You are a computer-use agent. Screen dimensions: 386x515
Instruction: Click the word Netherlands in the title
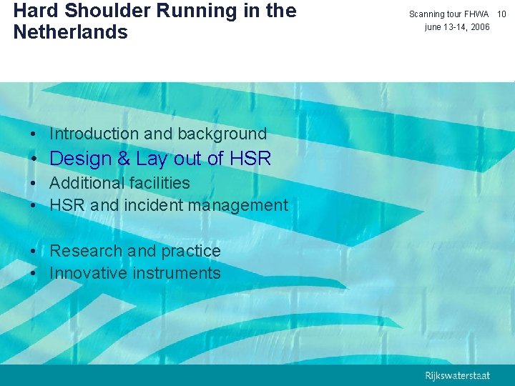(70, 32)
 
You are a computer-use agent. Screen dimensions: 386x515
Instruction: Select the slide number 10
(501, 14)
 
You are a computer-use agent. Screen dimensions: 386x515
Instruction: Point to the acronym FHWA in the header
(475, 14)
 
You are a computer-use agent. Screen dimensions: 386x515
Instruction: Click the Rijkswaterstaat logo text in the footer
(458, 375)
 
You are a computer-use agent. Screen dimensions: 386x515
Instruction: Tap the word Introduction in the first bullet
(94, 134)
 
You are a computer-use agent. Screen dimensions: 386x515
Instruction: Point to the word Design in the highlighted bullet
(81, 159)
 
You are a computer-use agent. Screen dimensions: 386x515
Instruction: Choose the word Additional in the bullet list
(85, 183)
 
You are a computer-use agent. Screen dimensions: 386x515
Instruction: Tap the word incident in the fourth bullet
(154, 206)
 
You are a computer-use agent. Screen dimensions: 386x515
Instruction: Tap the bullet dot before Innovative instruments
(35, 274)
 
